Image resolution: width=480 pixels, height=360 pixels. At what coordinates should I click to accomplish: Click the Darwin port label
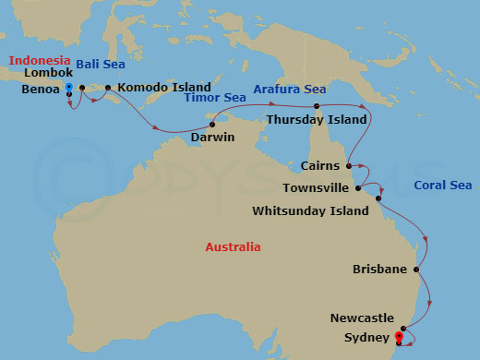tap(212, 138)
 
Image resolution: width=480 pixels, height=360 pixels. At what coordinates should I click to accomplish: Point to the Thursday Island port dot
tap(317, 106)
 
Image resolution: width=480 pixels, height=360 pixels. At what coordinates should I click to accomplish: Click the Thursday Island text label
tap(318, 119)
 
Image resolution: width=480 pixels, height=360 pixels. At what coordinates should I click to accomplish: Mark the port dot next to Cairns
tap(349, 166)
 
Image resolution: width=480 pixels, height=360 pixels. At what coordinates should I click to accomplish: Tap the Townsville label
tap(316, 187)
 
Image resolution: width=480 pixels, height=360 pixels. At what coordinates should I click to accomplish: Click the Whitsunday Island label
tap(310, 211)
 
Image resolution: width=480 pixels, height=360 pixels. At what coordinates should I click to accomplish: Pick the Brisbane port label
tap(380, 270)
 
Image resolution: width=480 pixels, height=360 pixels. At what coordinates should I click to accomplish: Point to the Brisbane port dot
tap(417, 270)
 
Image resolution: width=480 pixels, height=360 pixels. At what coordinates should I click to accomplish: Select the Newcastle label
tap(362, 318)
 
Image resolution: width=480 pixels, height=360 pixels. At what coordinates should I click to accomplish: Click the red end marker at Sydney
tap(399, 337)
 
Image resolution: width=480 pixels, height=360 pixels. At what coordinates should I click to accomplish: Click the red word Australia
tap(233, 247)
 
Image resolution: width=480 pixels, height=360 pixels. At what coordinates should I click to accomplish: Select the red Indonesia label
tap(40, 61)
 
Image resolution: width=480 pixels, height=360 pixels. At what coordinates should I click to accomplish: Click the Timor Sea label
tap(215, 98)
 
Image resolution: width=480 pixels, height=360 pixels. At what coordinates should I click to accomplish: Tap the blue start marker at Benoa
tap(69, 87)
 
